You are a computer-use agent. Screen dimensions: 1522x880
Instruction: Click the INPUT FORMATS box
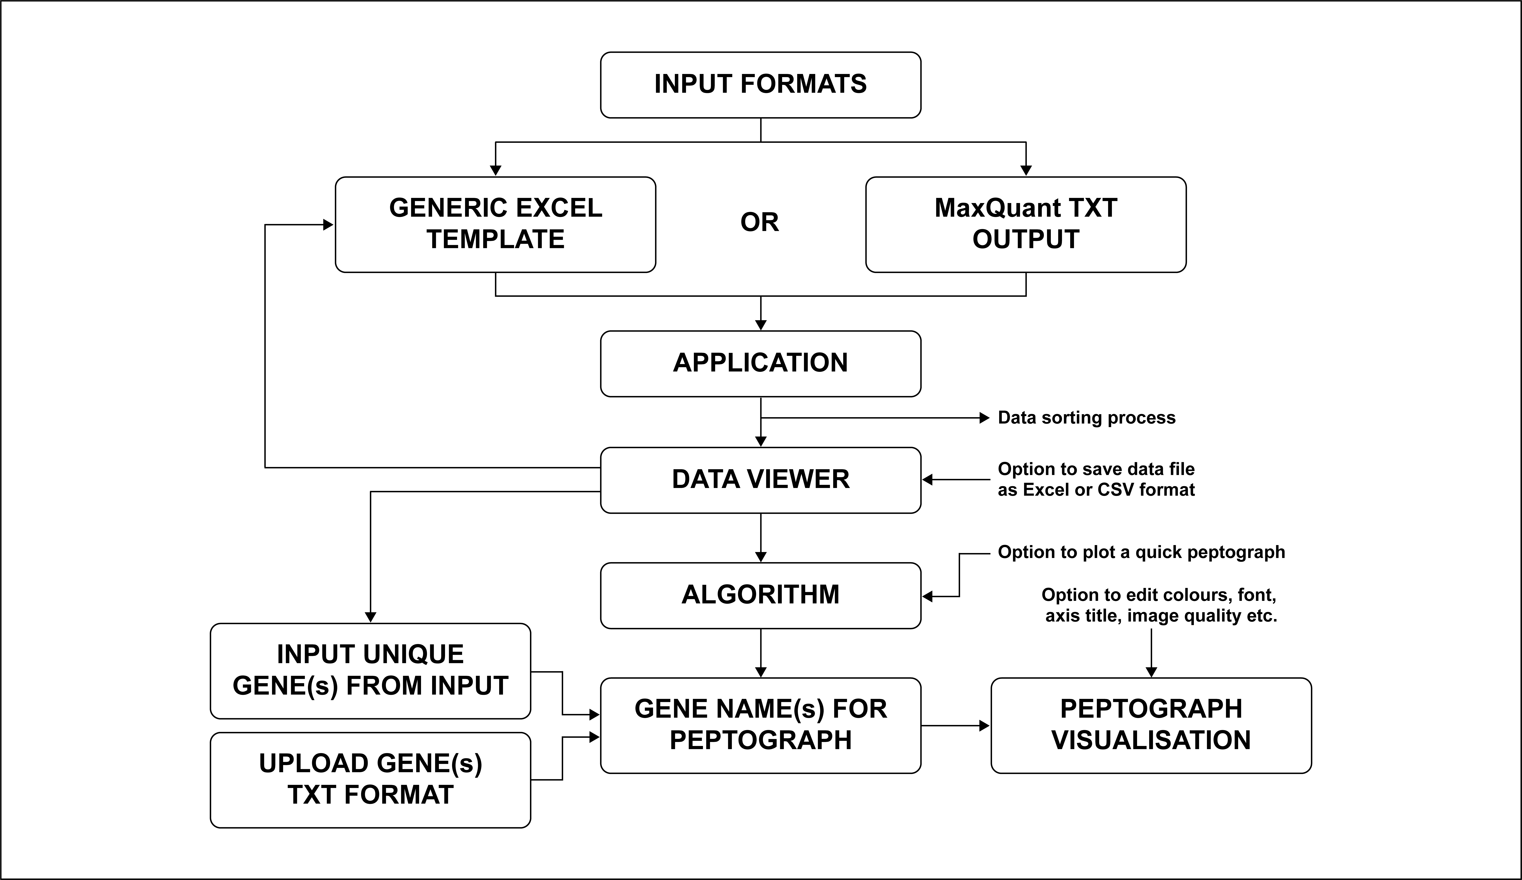760,85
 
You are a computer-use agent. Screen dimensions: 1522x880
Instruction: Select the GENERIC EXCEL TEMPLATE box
495,225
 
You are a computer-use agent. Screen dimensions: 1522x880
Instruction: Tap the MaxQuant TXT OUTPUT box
1025,225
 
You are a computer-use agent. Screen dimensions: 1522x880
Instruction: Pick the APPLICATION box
760,363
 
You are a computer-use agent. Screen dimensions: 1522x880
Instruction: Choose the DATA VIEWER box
760,480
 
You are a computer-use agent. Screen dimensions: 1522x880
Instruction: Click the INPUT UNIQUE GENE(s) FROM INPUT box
370,671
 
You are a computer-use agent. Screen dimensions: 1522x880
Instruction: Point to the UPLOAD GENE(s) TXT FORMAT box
370,780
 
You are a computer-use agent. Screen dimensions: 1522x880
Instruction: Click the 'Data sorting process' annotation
1087,418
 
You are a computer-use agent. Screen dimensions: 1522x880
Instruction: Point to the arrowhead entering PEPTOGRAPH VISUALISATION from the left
984,725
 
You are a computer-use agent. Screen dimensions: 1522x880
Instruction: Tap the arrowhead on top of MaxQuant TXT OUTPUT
1025,171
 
